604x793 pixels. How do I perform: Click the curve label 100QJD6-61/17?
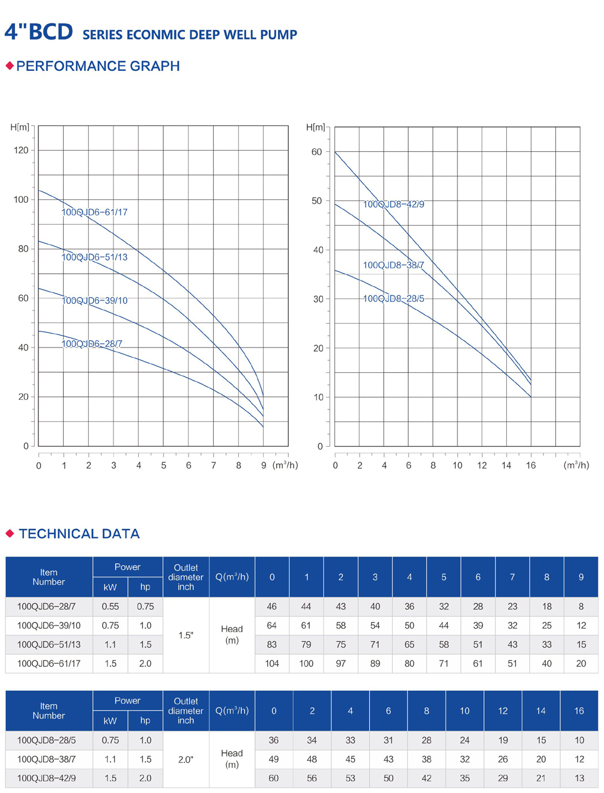(94, 212)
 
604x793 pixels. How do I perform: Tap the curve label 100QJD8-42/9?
(393, 204)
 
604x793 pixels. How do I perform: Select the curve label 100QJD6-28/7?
(92, 343)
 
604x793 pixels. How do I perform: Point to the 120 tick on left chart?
(21, 150)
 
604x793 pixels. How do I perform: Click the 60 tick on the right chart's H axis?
(316, 152)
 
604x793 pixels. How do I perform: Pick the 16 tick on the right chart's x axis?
(531, 465)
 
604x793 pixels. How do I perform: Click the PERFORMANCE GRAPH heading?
(98, 66)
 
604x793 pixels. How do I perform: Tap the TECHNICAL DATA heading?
(79, 534)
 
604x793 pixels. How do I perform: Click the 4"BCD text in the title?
(38, 32)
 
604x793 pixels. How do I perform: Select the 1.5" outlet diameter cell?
(186, 635)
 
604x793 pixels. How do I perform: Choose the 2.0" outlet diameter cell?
(186, 759)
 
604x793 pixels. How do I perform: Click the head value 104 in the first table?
(272, 663)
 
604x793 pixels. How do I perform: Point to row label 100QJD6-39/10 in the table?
(49, 626)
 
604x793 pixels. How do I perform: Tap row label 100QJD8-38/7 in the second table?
(46, 759)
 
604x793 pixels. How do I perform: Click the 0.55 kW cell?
(110, 606)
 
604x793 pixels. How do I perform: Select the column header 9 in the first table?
(581, 577)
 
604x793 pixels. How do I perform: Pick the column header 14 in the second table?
(540, 711)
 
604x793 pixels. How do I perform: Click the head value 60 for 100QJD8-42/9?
(274, 778)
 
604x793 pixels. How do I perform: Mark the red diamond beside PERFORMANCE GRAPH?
(10, 65)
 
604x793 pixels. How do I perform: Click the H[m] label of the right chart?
(315, 127)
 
